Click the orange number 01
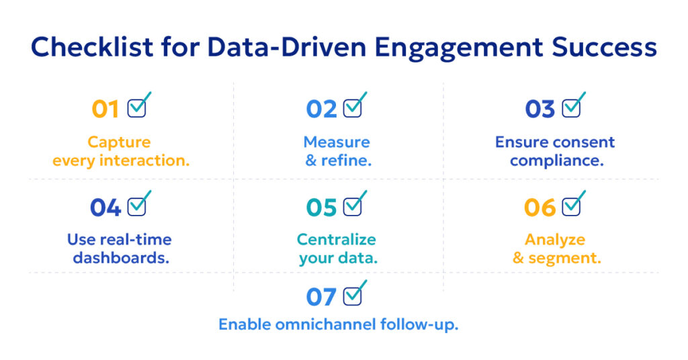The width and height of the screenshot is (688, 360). click(x=105, y=109)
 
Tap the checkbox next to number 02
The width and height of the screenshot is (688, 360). click(x=353, y=108)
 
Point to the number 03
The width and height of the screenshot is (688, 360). click(x=540, y=109)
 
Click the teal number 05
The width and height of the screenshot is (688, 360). click(x=321, y=208)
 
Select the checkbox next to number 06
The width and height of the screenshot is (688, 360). click(x=571, y=206)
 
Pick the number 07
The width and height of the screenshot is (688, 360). click(x=321, y=297)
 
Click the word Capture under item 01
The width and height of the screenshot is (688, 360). click(x=119, y=142)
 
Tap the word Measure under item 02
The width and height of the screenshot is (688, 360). click(x=337, y=142)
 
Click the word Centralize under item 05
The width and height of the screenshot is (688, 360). click(x=337, y=240)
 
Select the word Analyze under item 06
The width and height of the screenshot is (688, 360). click(x=555, y=240)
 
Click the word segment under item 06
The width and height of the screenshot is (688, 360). click(x=565, y=258)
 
